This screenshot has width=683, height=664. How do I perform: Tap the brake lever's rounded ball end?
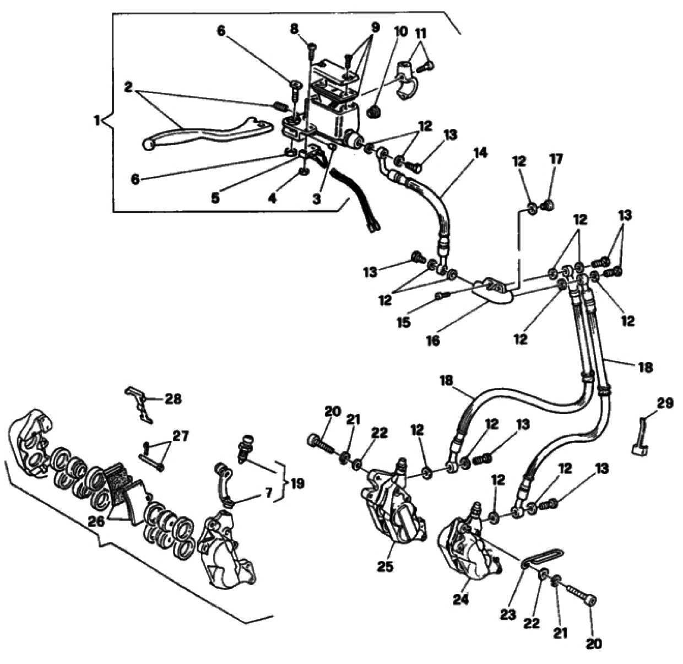[x=148, y=144]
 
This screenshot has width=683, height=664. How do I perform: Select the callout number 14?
[x=480, y=153]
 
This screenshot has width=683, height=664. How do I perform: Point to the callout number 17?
[x=556, y=160]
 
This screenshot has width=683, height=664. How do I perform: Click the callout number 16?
[x=433, y=341]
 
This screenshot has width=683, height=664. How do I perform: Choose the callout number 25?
[x=386, y=566]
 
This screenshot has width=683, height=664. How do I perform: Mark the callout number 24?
[x=460, y=600]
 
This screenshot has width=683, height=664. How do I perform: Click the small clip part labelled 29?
[x=639, y=441]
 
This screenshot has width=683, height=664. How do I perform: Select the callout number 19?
[x=296, y=484]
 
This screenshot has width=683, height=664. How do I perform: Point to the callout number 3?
[x=316, y=199]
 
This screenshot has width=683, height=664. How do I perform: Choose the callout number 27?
[x=180, y=436]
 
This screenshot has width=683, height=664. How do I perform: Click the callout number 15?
[x=404, y=322]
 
